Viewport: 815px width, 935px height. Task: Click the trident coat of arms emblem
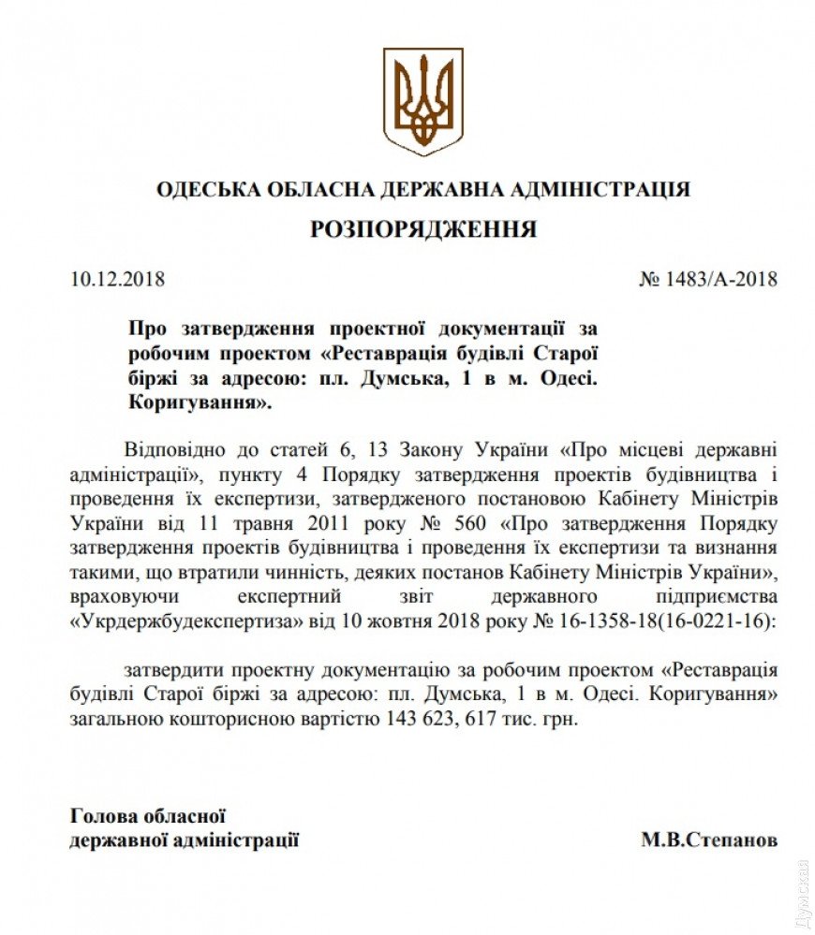[422, 101]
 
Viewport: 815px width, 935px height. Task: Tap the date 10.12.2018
[117, 280]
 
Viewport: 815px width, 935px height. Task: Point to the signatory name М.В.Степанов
[709, 840]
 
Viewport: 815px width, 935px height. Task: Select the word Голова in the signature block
[102, 818]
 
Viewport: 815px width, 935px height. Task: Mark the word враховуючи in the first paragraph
[116, 597]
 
